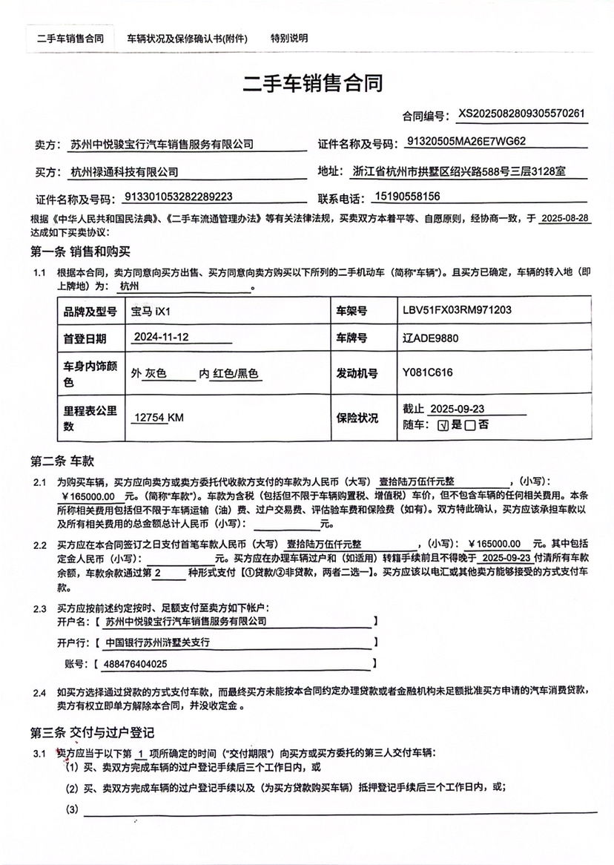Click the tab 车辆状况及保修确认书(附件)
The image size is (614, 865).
pyautogui.click(x=187, y=39)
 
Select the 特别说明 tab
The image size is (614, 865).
pyautogui.click(x=289, y=39)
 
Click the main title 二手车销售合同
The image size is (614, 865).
pyautogui.click(x=313, y=83)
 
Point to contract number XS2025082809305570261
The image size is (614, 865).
pyautogui.click(x=522, y=114)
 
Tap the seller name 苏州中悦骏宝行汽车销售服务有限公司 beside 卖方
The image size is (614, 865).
pyautogui.click(x=161, y=144)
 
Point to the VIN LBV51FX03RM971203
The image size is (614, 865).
pyautogui.click(x=458, y=310)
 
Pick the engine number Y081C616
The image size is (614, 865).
pyautogui.click(x=427, y=372)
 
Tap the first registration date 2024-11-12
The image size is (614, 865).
pyautogui.click(x=162, y=338)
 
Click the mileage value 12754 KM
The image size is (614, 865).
pyautogui.click(x=158, y=418)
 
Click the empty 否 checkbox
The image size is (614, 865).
pyautogui.click(x=471, y=426)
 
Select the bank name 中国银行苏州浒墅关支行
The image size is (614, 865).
pyautogui.click(x=158, y=642)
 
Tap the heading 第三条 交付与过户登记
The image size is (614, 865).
pyautogui.click(x=92, y=733)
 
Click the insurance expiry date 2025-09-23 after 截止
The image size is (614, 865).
pyautogui.click(x=457, y=409)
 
